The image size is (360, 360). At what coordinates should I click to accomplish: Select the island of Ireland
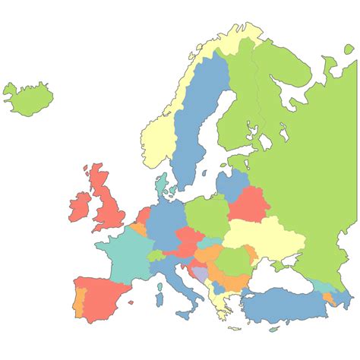pos(81,205)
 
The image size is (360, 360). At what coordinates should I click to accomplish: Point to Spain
pos(103,296)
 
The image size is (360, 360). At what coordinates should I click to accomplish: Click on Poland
pos(207,214)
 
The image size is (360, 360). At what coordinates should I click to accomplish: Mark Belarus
pos(248,204)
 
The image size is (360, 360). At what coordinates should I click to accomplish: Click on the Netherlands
pos(144,216)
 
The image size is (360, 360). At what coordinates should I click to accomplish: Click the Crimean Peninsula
pos(280,265)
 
